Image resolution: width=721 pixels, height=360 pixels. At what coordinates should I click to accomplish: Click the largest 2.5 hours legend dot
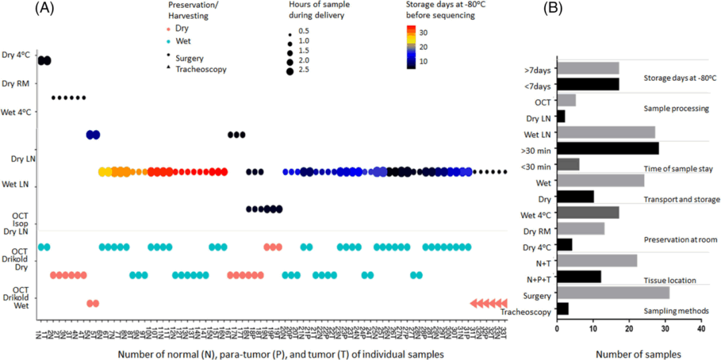(x=290, y=71)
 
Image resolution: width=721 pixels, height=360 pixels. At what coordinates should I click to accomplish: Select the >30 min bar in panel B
(x=608, y=148)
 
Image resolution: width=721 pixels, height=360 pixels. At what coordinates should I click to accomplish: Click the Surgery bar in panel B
(x=613, y=293)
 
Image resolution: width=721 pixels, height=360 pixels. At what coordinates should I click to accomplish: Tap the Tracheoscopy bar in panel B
(x=563, y=309)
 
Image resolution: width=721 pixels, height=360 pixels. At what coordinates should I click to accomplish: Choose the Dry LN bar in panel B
(x=561, y=116)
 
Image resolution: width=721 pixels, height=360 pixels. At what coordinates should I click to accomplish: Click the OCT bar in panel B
(x=566, y=100)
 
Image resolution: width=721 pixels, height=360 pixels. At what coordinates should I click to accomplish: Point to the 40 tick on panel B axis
(x=700, y=329)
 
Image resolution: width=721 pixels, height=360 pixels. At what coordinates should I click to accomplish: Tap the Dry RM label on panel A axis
(x=17, y=83)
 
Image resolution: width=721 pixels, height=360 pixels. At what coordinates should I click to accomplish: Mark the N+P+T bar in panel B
(x=579, y=277)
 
